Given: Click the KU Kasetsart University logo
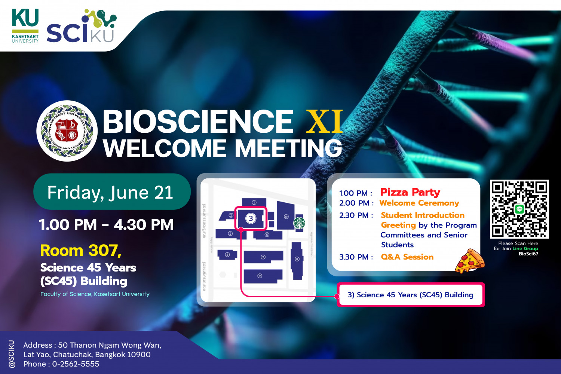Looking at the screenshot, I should click(25, 25).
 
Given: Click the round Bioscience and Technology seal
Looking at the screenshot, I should click(67, 131).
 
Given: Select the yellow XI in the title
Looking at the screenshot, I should click(324, 121).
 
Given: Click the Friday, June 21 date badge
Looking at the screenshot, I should click(111, 192).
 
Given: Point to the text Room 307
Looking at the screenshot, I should click(81, 250).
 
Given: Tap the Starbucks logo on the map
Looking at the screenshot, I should click(299, 223).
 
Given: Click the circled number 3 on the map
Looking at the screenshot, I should click(251, 218).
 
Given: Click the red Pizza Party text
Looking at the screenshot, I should click(410, 192).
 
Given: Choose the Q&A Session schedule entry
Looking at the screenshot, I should click(407, 257).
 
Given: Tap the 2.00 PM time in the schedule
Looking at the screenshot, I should click(356, 203).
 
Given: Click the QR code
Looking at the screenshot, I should click(519, 209).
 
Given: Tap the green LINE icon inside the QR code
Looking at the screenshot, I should click(519, 209).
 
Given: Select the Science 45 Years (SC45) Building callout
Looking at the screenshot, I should click(410, 295).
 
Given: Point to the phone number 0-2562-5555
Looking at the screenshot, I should click(76, 364).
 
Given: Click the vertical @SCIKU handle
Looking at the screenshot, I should click(12, 354).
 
